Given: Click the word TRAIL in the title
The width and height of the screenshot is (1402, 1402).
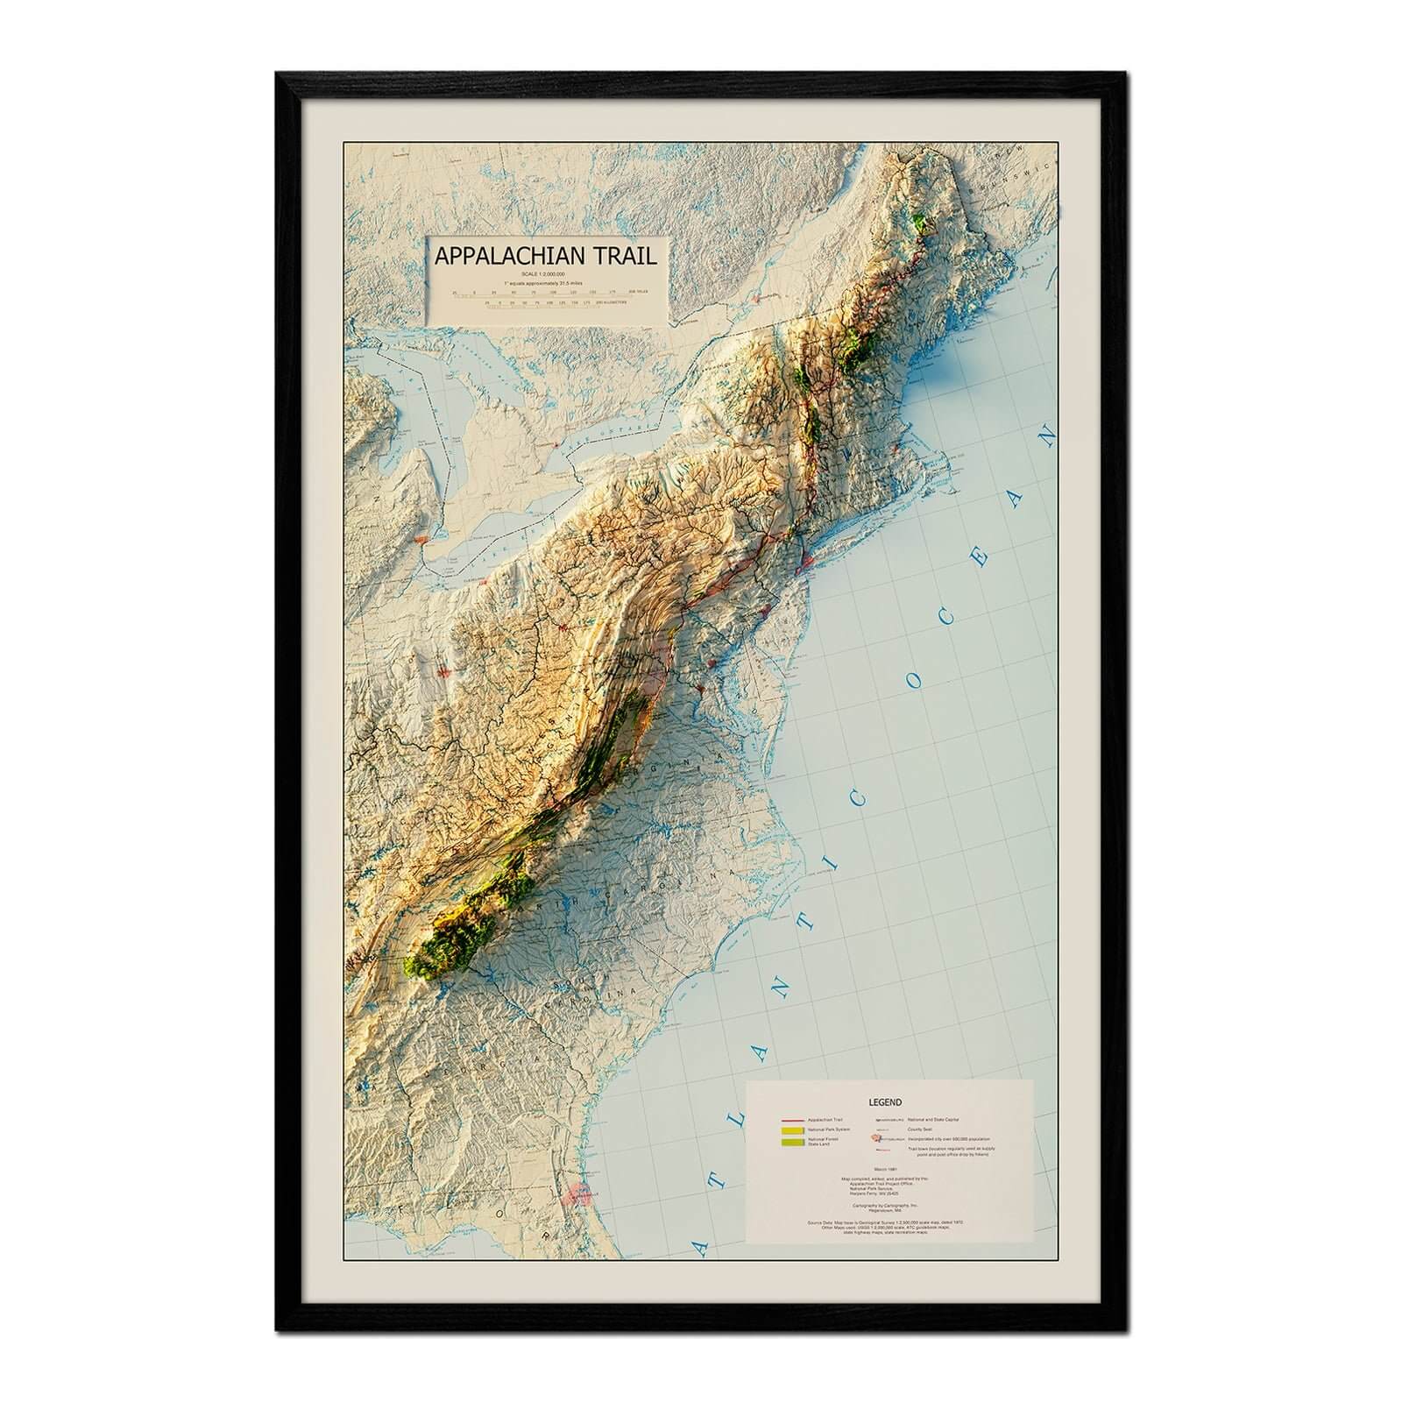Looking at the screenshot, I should (x=620, y=256).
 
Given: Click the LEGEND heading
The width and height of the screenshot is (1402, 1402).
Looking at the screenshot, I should (x=886, y=1102).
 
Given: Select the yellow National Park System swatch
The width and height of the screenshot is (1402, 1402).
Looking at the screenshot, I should (x=793, y=1131).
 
